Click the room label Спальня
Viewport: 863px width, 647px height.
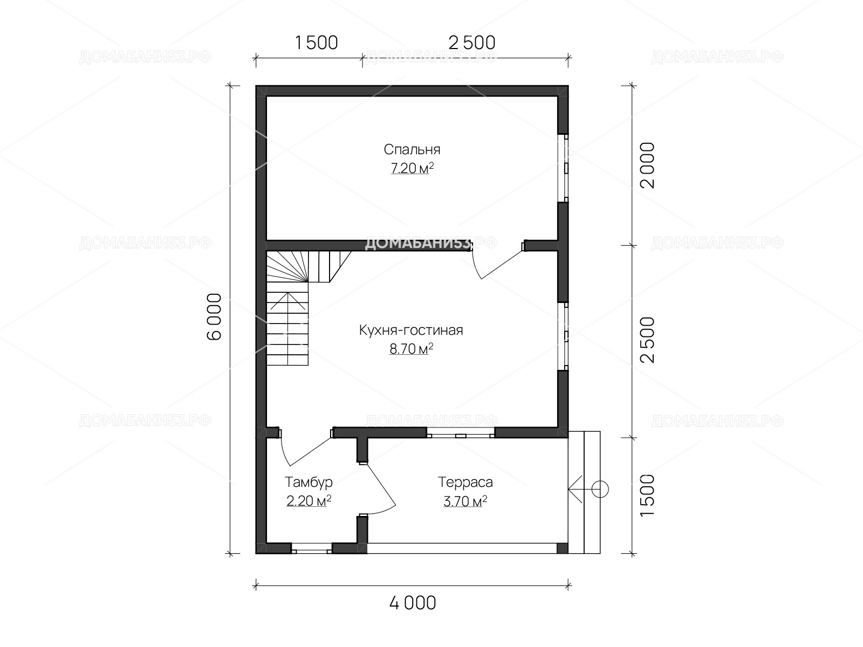point(412,150)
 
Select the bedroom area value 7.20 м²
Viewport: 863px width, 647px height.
point(412,168)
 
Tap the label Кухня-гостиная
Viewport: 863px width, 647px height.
point(411,330)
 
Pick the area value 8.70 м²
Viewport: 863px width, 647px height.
point(411,348)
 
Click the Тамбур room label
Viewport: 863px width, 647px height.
point(309,483)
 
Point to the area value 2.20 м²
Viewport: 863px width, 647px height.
point(309,501)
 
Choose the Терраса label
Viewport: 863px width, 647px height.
point(465,482)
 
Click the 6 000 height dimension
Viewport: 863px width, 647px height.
point(214,316)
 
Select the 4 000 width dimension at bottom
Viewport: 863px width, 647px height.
point(413,603)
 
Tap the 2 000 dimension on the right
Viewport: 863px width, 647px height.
point(648,166)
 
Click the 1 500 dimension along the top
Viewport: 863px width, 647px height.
point(316,43)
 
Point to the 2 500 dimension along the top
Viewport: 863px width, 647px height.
point(472,43)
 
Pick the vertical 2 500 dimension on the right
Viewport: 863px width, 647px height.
point(648,340)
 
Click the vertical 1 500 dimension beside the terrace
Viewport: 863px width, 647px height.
point(648,495)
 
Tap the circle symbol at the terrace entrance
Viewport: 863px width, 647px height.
point(600,490)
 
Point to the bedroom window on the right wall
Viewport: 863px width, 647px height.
point(564,168)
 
